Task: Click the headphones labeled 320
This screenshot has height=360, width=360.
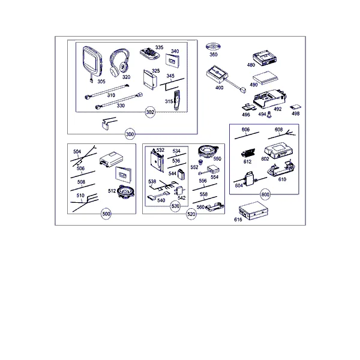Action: coord(119,62)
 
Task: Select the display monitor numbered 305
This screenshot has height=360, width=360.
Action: coord(92,62)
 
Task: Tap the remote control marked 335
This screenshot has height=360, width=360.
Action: coord(150,54)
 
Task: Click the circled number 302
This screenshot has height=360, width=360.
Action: coord(150,112)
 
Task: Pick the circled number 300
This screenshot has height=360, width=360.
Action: coord(130,134)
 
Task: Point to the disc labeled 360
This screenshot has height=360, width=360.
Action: coord(213,47)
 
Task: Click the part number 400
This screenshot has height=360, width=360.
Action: coord(219,88)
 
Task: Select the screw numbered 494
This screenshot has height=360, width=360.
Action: coord(269,115)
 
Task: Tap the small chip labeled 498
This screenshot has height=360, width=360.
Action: coord(295,107)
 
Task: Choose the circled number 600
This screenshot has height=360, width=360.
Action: coord(265,194)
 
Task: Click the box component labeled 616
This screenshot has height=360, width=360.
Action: coord(253,211)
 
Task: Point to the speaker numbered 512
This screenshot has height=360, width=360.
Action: coord(125,191)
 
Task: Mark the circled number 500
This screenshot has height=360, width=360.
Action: coord(106,214)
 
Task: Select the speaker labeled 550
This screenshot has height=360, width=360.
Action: coord(208,152)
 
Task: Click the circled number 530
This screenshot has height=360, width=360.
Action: coord(175,206)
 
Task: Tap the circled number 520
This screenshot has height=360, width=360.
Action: coord(191,214)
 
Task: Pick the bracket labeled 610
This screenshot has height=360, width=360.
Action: coord(281,169)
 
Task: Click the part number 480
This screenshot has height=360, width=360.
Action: coord(251,65)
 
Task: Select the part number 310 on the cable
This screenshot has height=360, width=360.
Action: coord(111,95)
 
